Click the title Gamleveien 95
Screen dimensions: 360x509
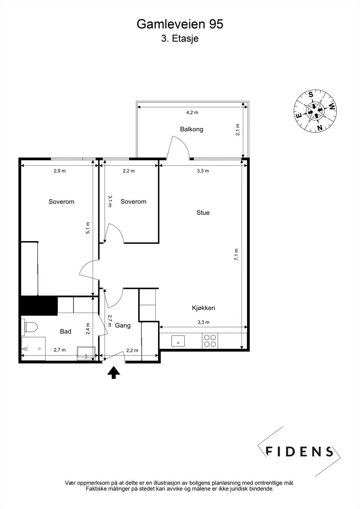point(180,24)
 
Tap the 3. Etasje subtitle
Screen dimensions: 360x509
point(180,38)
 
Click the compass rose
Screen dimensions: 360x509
point(315,111)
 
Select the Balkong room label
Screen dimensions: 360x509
point(192,129)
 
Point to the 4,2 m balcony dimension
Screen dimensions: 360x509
point(192,112)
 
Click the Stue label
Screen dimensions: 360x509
point(203,213)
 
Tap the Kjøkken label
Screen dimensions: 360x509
point(203,308)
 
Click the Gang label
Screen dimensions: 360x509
point(123,326)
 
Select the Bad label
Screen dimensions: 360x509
point(66,331)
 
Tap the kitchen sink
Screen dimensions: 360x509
point(178,341)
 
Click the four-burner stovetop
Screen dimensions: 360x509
point(210,341)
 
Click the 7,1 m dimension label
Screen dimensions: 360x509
point(236,254)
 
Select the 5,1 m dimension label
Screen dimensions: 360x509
point(88,228)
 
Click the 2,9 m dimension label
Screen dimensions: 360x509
point(60,171)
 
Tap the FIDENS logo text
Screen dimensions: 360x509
point(299,452)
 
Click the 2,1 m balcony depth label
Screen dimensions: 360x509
point(238,130)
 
